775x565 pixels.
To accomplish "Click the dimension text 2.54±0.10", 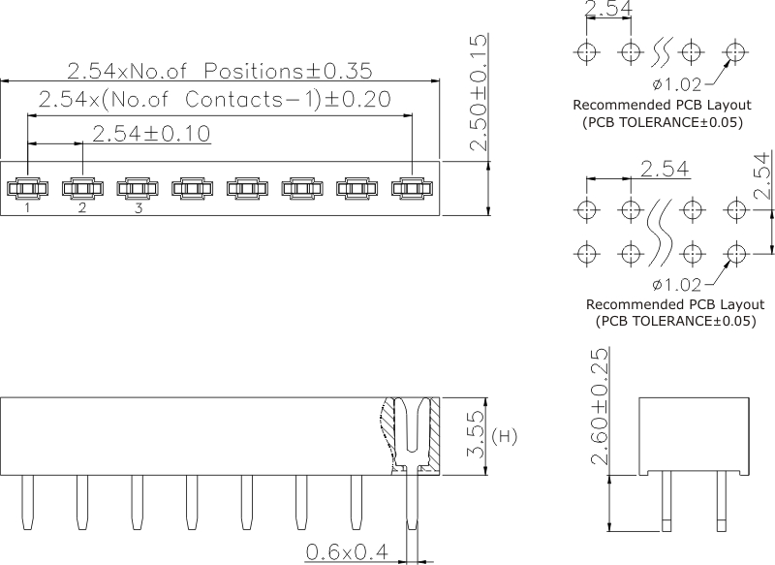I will tap(152, 133).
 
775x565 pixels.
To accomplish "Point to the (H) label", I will tap(505, 437).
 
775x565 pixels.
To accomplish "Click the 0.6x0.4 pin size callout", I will tap(347, 552).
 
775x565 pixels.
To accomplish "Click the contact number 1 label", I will tap(27, 207).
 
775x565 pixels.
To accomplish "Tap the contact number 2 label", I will tap(82, 207).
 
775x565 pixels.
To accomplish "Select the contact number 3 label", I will tap(138, 207).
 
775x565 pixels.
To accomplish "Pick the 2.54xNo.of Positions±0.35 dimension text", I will tap(219, 71).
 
